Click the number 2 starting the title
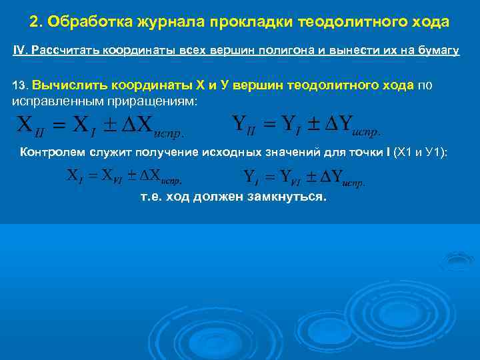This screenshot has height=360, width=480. click(x=34, y=22)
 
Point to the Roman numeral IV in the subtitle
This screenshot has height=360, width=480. click(x=19, y=52)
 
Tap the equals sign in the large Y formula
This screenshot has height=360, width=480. click(x=271, y=124)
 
